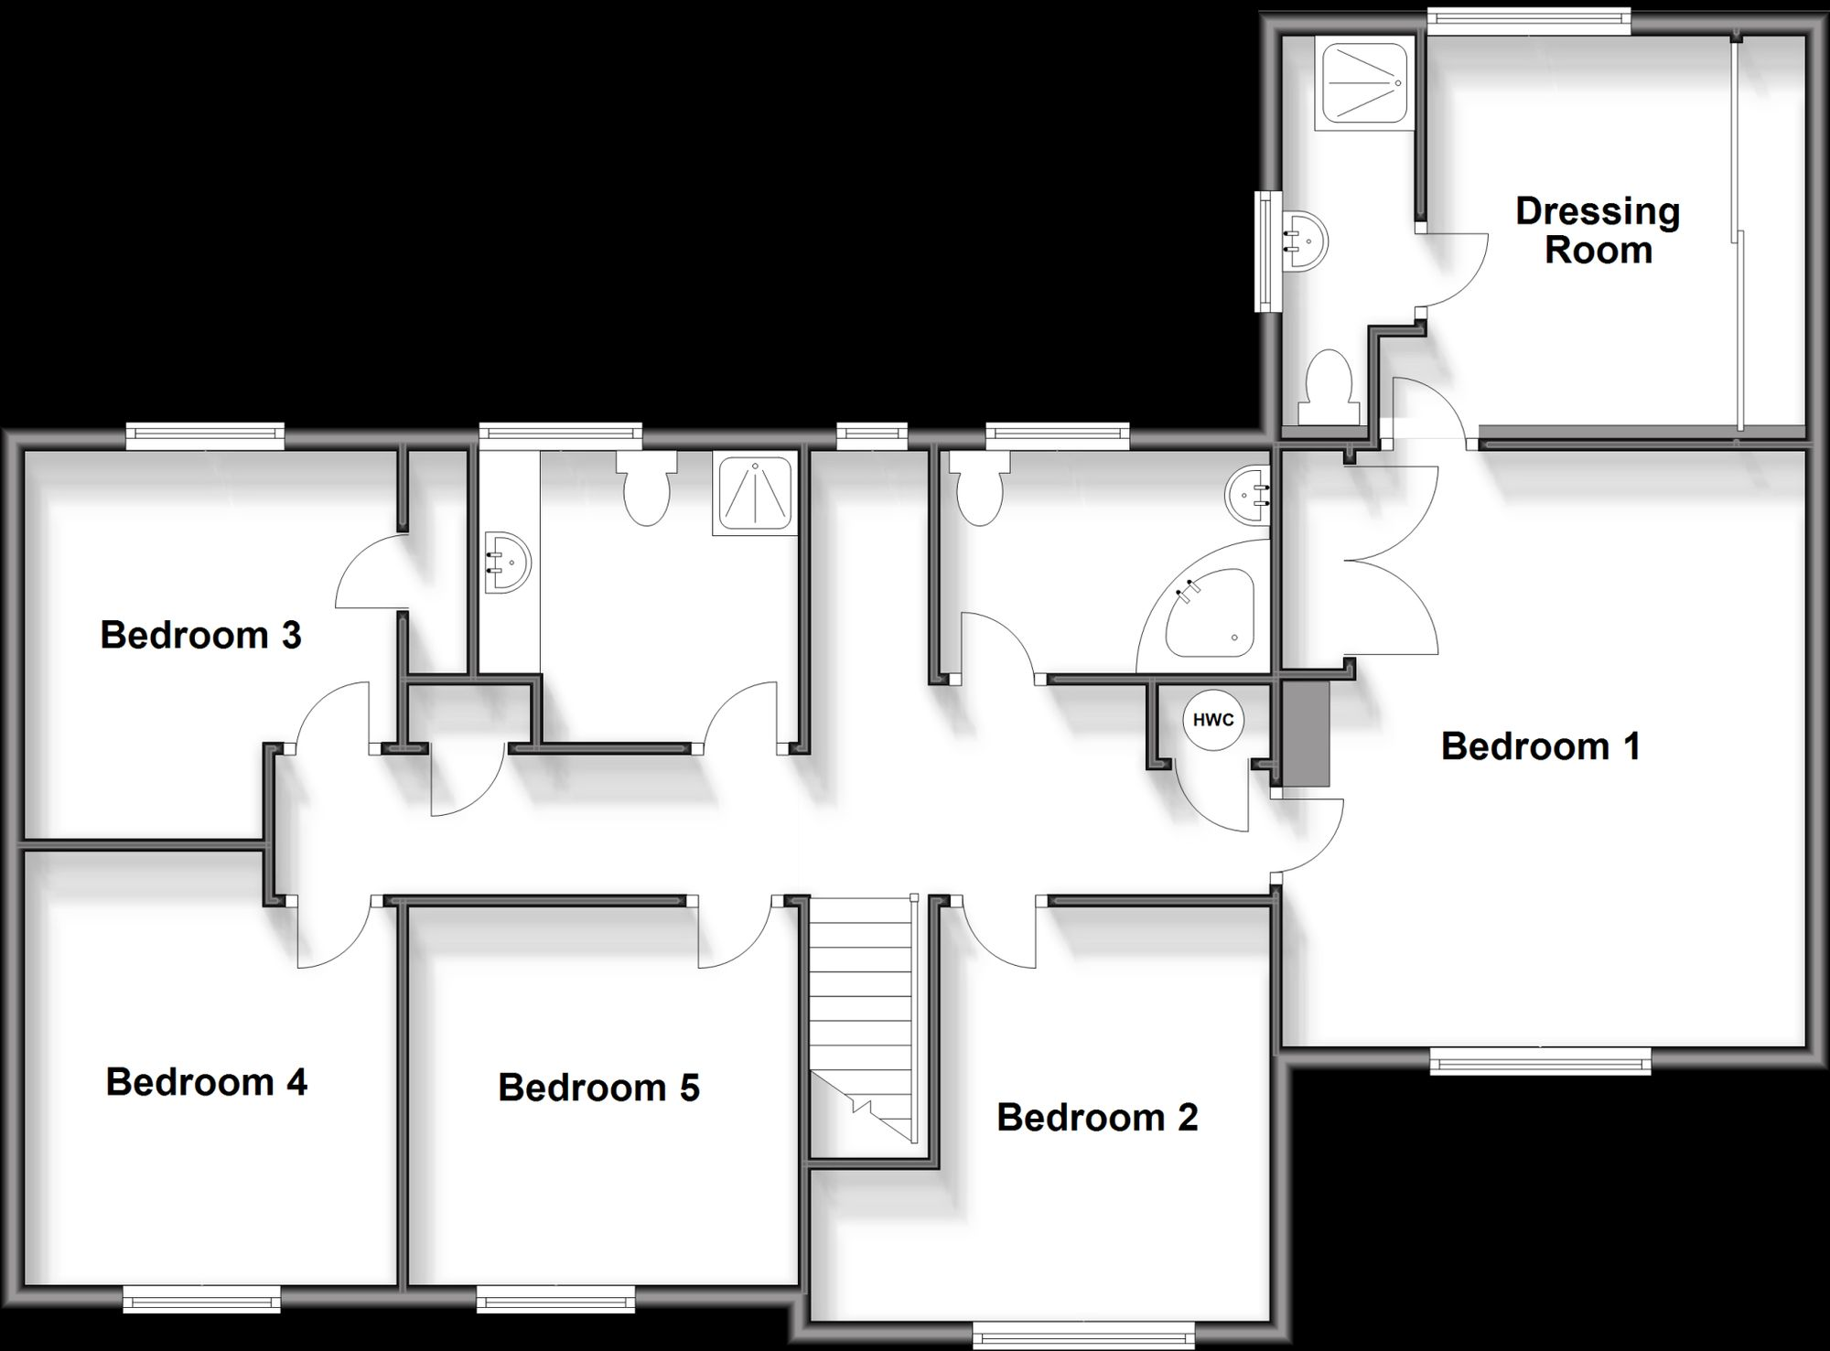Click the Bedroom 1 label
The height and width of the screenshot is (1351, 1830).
(1540, 746)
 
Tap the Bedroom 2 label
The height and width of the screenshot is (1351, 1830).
(1097, 1117)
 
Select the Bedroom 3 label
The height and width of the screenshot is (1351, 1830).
(200, 635)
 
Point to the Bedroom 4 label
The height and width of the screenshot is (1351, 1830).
(207, 1082)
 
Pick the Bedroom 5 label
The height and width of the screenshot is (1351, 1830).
(598, 1088)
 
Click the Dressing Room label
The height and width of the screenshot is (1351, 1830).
(1598, 231)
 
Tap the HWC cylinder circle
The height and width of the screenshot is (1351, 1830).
(1213, 720)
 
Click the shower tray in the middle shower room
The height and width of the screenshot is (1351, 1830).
(756, 494)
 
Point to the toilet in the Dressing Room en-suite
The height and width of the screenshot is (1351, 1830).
(1329, 388)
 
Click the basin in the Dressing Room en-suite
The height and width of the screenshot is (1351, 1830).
(1307, 242)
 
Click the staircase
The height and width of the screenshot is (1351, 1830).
(863, 1015)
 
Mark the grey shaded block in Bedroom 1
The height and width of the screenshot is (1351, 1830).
(1305, 734)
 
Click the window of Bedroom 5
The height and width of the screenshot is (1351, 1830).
(554, 1299)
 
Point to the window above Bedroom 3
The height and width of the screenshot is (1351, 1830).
(205, 436)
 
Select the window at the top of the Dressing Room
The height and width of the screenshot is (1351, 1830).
(1528, 21)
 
